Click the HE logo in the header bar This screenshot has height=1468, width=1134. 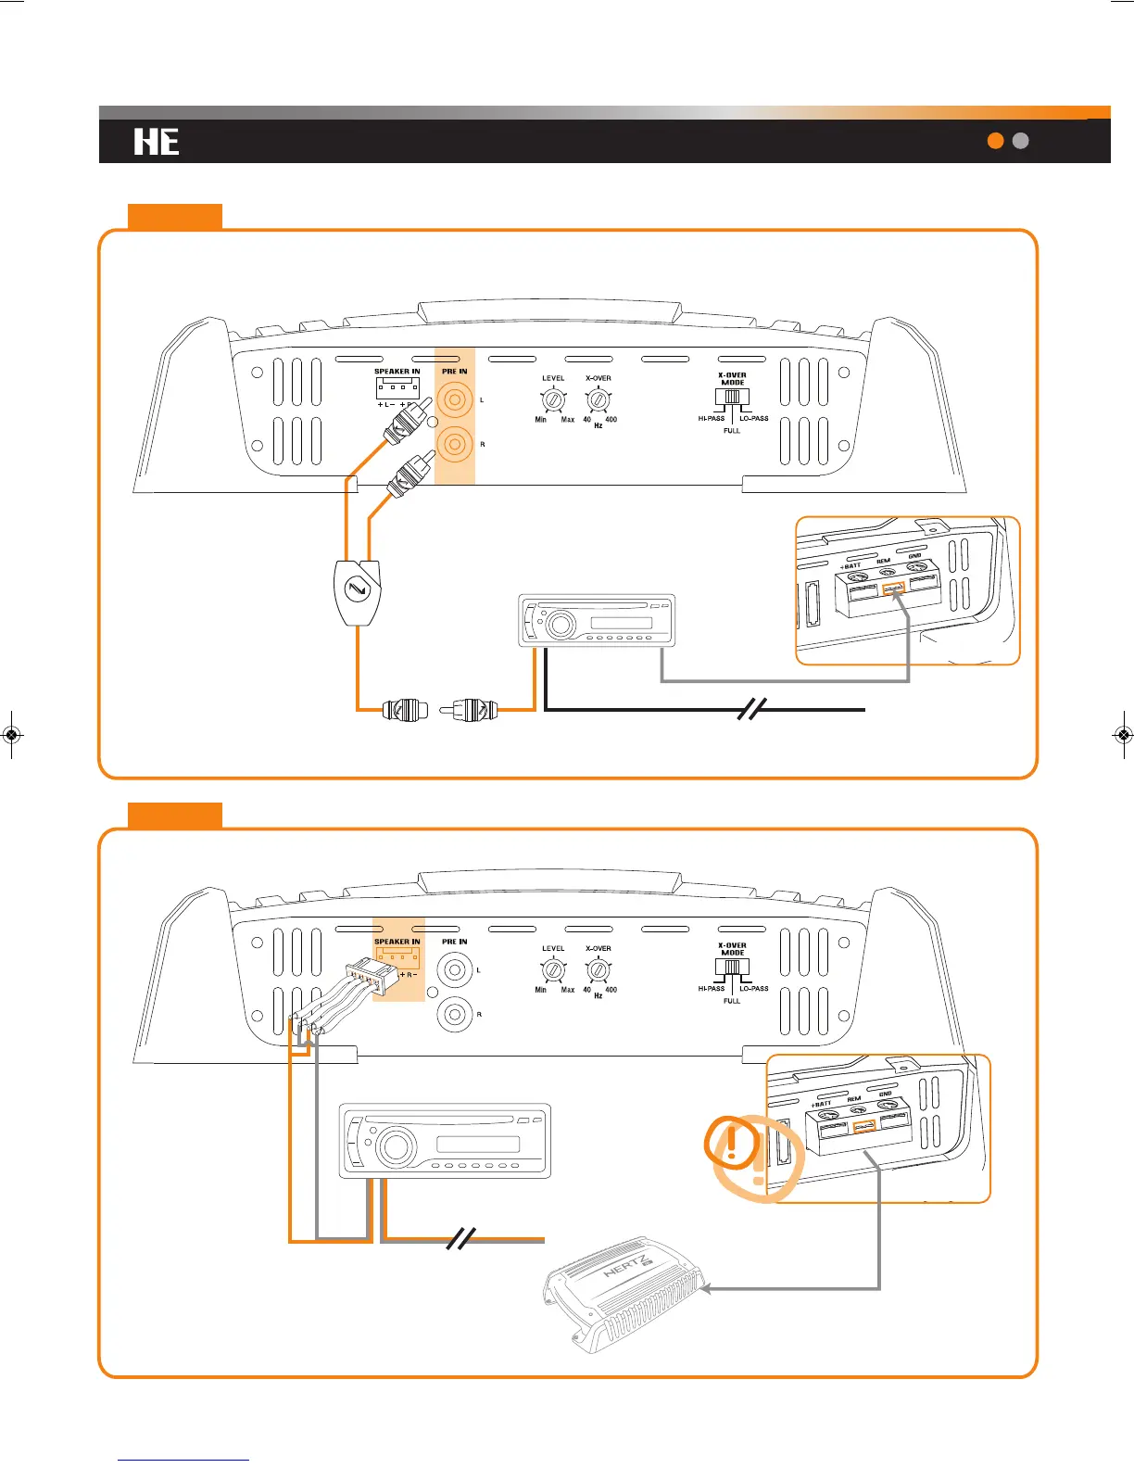pos(157,142)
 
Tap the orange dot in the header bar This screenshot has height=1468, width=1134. pos(996,141)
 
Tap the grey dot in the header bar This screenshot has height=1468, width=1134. pos(1021,141)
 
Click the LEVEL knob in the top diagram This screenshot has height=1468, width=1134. pos(553,400)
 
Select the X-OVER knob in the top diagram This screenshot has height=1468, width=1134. pos(598,400)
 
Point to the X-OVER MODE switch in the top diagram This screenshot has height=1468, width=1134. pos(732,397)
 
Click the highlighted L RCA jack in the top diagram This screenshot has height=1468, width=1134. pos(455,400)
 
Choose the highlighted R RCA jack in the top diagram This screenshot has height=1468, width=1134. pos(455,444)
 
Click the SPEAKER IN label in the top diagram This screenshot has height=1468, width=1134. pos(397,372)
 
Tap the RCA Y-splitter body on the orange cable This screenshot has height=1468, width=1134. pos(357,590)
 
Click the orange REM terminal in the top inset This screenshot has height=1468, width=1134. pos(893,588)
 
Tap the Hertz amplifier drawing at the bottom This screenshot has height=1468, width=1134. pos(625,1293)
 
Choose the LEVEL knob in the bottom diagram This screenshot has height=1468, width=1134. pos(553,970)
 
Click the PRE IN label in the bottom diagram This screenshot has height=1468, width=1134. pos(454,942)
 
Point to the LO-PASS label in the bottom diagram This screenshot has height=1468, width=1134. pos(754,989)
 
